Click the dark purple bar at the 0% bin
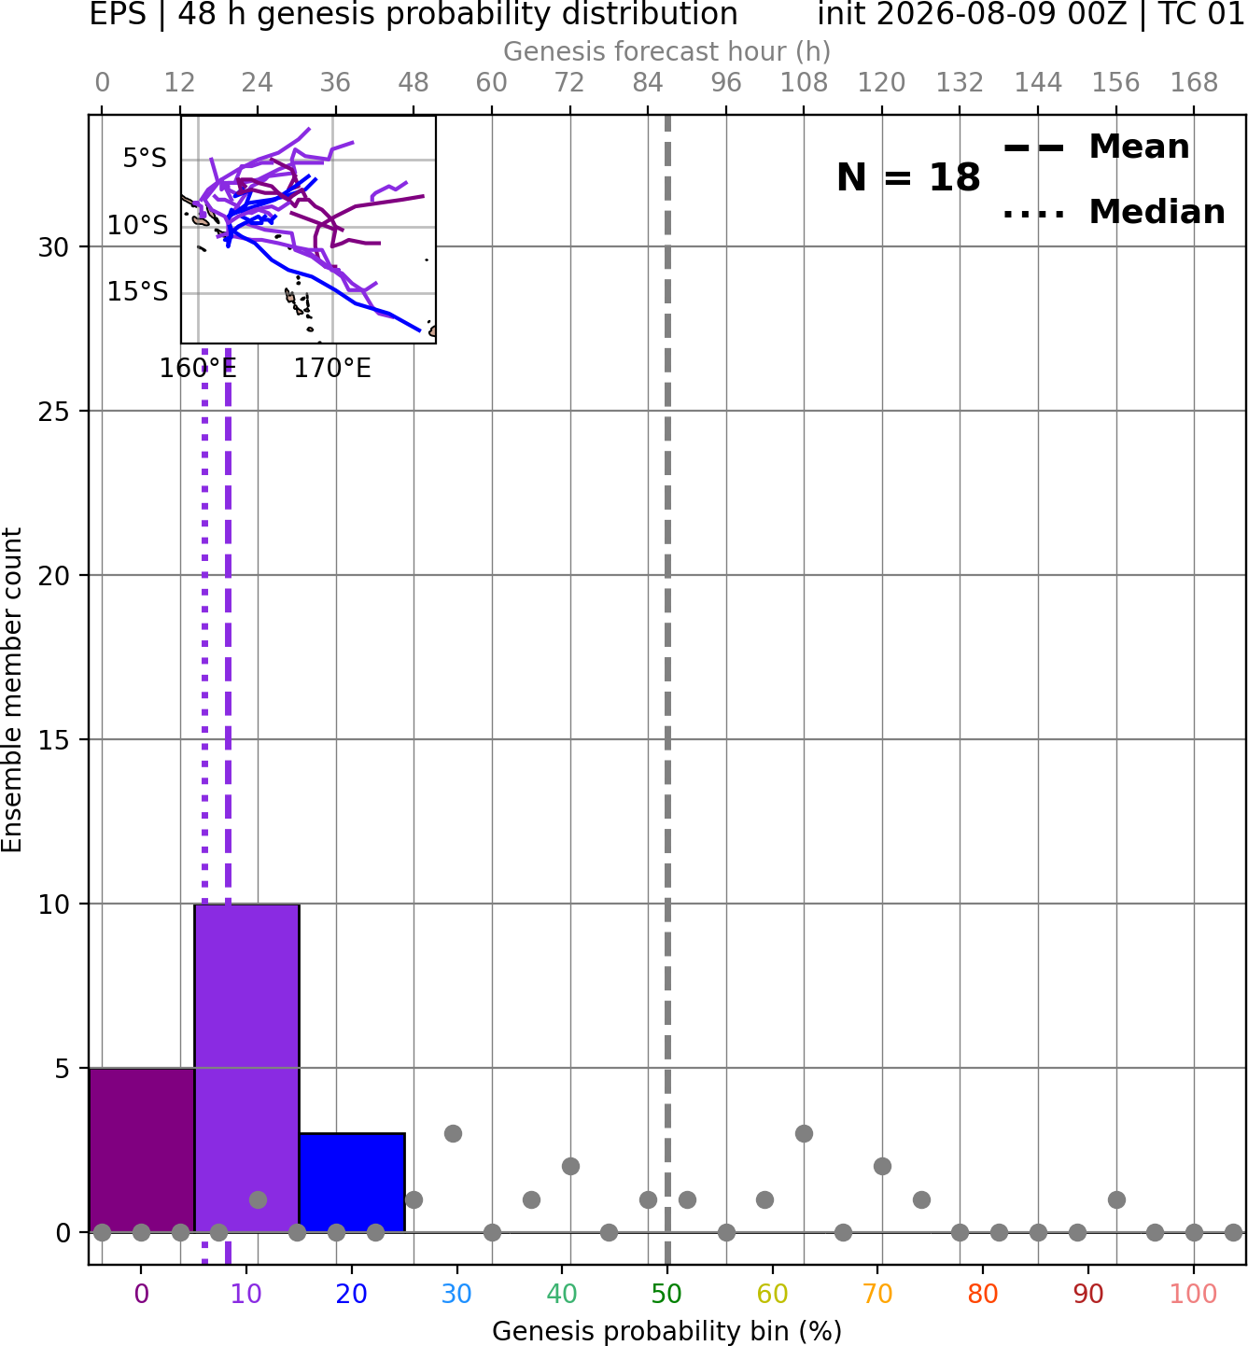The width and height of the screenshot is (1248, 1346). click(142, 1149)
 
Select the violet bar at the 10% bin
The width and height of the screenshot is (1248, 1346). click(246, 1068)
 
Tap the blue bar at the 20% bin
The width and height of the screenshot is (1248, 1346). click(352, 1182)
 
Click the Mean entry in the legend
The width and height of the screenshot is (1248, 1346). click(1096, 147)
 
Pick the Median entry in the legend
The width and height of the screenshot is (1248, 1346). click(1114, 212)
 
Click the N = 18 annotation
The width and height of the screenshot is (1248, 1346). click(908, 177)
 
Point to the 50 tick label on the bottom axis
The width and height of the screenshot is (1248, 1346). click(667, 1294)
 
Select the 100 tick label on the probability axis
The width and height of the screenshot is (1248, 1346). click(1193, 1294)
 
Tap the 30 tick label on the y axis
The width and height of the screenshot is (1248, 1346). click(53, 247)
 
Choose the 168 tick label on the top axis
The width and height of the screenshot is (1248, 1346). click(1195, 83)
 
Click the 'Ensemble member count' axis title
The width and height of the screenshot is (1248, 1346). click(12, 690)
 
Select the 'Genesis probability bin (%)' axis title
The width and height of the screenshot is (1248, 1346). click(667, 1331)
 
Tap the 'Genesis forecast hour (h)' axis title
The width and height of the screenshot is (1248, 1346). click(667, 51)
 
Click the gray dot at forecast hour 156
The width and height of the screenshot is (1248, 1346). click(1116, 1199)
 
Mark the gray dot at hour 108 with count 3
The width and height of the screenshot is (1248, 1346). click(804, 1133)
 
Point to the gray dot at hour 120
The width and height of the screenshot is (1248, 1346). click(882, 1167)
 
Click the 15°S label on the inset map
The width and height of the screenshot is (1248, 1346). click(137, 291)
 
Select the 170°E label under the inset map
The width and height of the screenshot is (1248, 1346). click(332, 369)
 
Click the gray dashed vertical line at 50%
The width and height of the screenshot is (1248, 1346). click(667, 690)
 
